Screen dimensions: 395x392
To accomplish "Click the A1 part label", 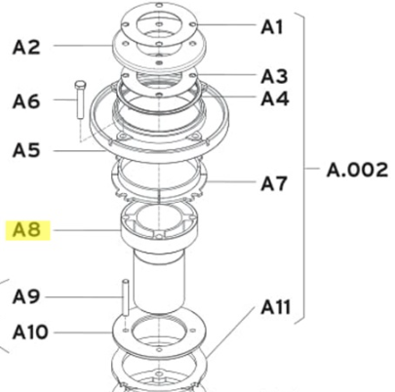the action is pyautogui.click(x=272, y=27).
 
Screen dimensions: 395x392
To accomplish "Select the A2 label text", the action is pyautogui.click(x=26, y=47).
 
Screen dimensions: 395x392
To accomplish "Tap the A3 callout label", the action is pyautogui.click(x=274, y=76).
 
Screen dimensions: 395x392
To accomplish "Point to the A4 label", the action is pyautogui.click(x=275, y=98).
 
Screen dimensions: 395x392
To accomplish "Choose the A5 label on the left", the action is pyautogui.click(x=26, y=150).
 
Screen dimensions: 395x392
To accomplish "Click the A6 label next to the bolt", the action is pyautogui.click(x=26, y=101).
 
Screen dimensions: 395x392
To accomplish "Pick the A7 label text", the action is pyautogui.click(x=274, y=183).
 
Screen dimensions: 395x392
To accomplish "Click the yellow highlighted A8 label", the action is pyautogui.click(x=26, y=230).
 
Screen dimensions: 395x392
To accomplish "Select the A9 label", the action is pyautogui.click(x=26, y=296).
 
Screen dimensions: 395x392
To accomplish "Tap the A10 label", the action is pyautogui.click(x=30, y=333).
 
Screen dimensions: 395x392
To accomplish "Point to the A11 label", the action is pyautogui.click(x=275, y=307).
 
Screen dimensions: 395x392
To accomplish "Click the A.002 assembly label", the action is pyautogui.click(x=357, y=170).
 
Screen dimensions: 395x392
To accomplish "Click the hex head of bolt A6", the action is pyautogui.click(x=79, y=85).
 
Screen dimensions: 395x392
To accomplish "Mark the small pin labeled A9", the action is pyautogui.click(x=126, y=297).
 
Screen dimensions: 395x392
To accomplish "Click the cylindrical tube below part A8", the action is pyautogui.click(x=159, y=282).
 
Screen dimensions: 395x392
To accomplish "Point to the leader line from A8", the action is pyautogui.click(x=87, y=230).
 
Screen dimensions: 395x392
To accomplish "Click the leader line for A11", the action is pyautogui.click(x=230, y=332).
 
